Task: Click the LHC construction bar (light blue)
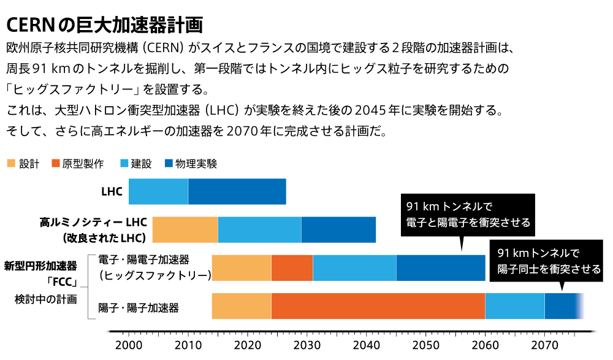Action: (158, 192)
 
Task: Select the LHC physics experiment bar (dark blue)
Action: (237, 192)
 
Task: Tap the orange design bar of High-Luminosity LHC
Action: (185, 229)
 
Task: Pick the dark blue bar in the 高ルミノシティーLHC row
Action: (338, 229)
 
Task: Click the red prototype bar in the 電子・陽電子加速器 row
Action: (292, 267)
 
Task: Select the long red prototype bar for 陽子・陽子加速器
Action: (378, 306)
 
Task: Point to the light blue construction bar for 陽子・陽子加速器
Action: (515, 306)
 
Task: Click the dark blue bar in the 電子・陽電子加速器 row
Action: (441, 267)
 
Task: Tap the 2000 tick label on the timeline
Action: (128, 346)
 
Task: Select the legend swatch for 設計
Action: (10, 164)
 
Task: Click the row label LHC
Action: (112, 192)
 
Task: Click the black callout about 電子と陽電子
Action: (468, 214)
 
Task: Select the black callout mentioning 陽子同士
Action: (549, 261)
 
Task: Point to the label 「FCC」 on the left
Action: (63, 283)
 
